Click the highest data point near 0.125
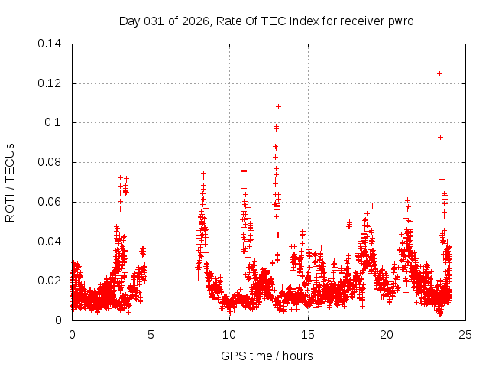point(439,73)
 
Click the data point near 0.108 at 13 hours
point(278,106)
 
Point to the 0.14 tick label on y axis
point(50,44)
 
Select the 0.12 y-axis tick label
point(50,83)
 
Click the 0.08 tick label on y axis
point(50,163)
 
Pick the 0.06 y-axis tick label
point(50,203)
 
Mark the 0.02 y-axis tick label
point(50,281)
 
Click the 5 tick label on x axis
point(151,335)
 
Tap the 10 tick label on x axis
point(229,335)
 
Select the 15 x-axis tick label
point(308,335)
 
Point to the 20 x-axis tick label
point(387,335)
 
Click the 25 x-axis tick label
point(465,335)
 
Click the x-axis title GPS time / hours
point(267,356)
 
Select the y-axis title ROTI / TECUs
point(11,182)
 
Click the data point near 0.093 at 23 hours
point(440,137)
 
